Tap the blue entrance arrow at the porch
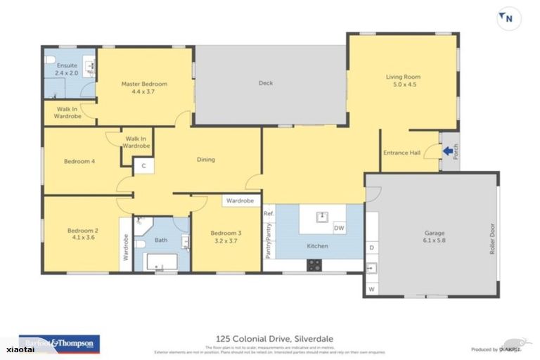click(x=446, y=150)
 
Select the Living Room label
click(x=401, y=77)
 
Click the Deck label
click(x=265, y=83)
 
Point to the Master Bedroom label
click(x=144, y=84)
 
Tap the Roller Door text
click(x=491, y=238)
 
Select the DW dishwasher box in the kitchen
click(x=338, y=228)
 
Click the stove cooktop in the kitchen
click(x=314, y=265)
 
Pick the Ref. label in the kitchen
click(x=268, y=213)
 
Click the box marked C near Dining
click(x=143, y=166)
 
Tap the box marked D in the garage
click(x=371, y=247)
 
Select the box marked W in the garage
click(x=371, y=288)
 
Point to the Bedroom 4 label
click(x=79, y=161)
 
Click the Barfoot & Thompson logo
click(x=59, y=343)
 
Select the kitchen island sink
click(x=323, y=216)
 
